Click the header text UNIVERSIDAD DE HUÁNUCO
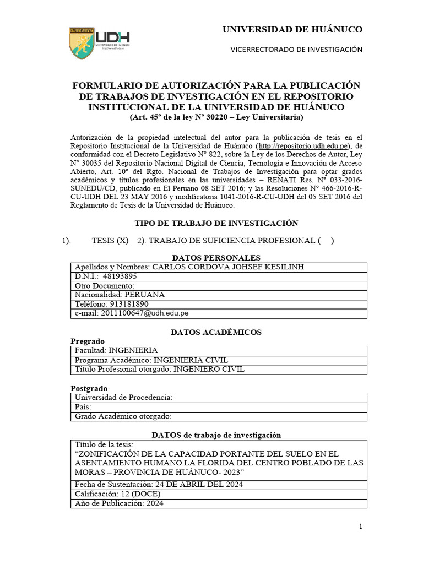[292, 29]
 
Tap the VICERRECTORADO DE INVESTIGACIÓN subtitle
[296, 50]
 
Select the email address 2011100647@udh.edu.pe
[145, 313]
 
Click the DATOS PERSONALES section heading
[216, 258]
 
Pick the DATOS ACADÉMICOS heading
[216, 332]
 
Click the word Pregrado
[88, 341]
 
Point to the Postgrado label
[89, 388]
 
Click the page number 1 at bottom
[361, 527]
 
